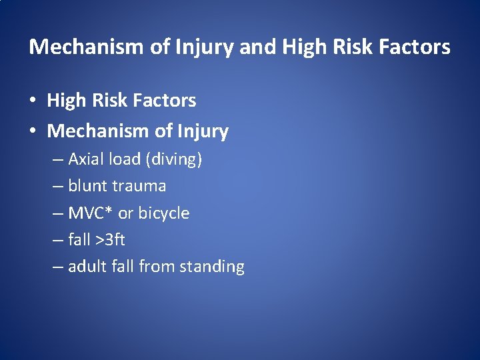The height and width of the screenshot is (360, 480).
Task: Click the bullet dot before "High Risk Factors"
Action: (33, 101)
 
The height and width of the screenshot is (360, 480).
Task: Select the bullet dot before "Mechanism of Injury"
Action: (33, 132)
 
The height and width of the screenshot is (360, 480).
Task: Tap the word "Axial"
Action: (85, 159)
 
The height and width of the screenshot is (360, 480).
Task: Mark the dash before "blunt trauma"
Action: (57, 187)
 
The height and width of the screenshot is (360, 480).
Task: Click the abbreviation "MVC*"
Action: (91, 213)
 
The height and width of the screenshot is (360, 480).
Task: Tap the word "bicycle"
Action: (164, 213)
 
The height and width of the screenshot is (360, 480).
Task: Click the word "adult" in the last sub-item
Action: (87, 267)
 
